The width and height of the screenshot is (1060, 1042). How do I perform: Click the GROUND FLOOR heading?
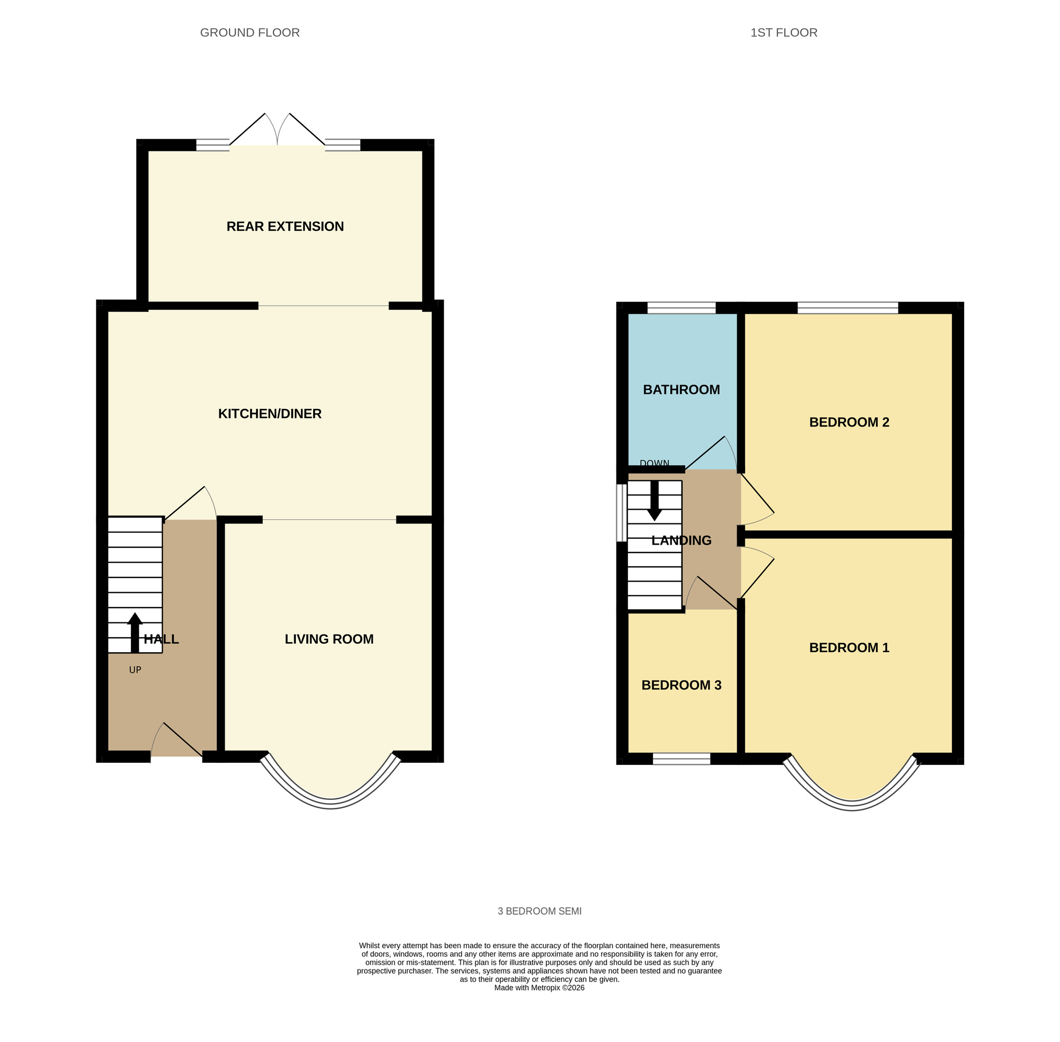[x=250, y=33]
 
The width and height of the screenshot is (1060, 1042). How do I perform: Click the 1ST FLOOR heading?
[x=783, y=33]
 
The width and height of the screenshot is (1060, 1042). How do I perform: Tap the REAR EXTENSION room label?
[x=285, y=227]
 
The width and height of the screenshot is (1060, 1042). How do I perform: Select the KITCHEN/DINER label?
[x=269, y=414]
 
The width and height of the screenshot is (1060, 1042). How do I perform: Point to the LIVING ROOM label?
[x=329, y=639]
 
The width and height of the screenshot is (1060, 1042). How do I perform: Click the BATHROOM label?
[x=681, y=390]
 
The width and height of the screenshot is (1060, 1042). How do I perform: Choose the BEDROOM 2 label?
[x=849, y=423]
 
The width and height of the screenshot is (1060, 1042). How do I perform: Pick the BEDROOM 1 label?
[x=849, y=648]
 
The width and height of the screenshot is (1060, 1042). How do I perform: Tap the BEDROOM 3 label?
[x=681, y=685]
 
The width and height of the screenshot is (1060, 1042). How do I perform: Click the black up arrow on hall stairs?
[x=135, y=632]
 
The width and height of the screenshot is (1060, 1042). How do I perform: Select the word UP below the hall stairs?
[x=135, y=670]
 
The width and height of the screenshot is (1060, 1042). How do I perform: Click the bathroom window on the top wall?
[x=681, y=308]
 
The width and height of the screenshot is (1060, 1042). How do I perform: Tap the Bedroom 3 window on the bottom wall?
[x=681, y=759]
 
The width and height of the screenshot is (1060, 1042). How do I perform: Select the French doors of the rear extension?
[x=277, y=131]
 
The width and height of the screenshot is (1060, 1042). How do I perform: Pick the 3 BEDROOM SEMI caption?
[x=540, y=911]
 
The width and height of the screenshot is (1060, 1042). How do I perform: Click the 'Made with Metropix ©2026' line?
[x=540, y=988]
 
